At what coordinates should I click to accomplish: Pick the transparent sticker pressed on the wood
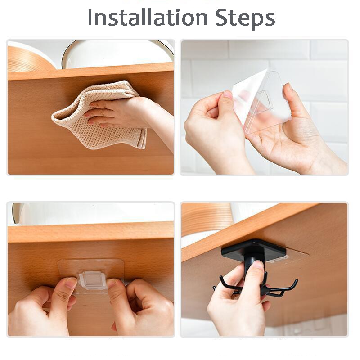tap(90, 270)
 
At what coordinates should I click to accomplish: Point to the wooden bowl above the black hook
tap(207, 218)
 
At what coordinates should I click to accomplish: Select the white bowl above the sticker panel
tap(90, 214)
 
